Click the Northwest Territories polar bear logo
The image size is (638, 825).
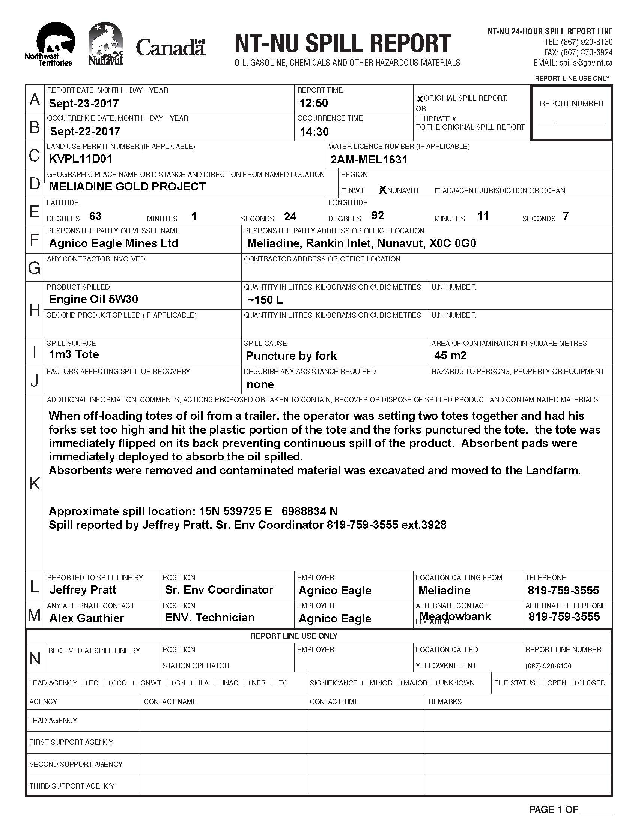tap(50, 43)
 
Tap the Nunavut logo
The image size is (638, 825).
tap(105, 44)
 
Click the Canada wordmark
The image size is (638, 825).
tap(170, 48)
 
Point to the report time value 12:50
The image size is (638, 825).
tap(313, 103)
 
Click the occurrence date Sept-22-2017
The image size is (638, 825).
tap(85, 131)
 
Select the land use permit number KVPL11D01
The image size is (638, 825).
tap(81, 159)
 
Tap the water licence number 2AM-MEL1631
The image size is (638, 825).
tap(369, 159)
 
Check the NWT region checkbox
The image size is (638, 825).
tap(343, 191)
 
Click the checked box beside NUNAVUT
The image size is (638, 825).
tap(382, 190)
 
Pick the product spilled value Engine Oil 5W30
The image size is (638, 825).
tap(93, 299)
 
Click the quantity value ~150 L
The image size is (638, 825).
tap(265, 300)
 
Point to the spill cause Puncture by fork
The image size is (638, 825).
tap(291, 355)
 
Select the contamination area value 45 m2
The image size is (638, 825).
tap(450, 355)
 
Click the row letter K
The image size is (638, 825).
tap(35, 483)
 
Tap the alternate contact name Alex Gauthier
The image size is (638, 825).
tap(87, 618)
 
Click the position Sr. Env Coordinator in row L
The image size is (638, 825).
tap(219, 589)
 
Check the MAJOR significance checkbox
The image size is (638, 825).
tap(400, 683)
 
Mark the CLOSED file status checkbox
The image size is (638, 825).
tap(573, 683)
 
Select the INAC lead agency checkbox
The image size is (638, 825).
tap(218, 683)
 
